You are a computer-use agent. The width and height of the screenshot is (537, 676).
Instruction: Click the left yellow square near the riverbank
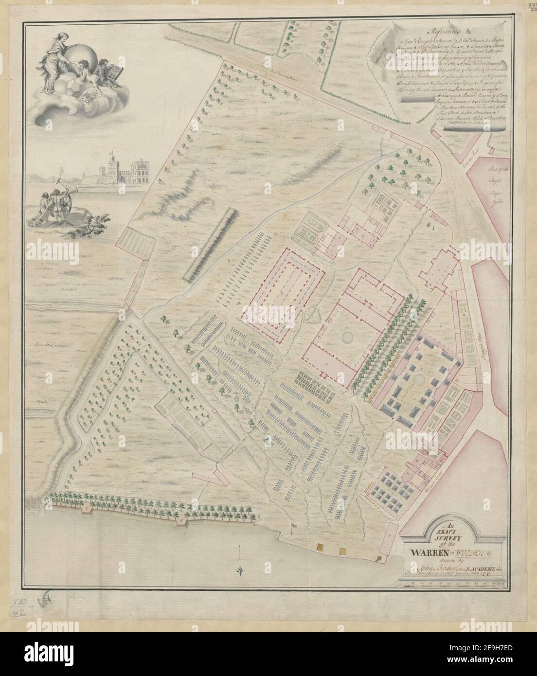click(321, 548)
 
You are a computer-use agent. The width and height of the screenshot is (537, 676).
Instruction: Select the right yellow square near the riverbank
click(342, 551)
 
